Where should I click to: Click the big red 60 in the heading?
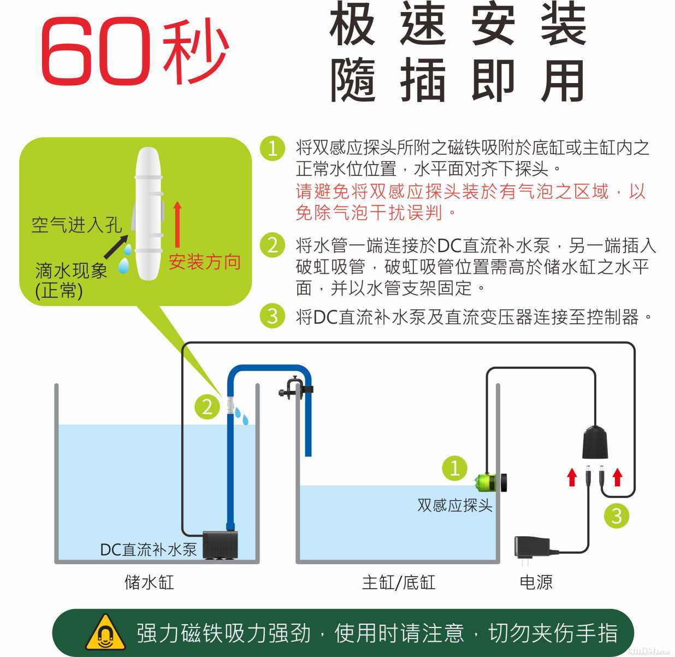point(96,51)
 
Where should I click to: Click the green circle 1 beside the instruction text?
point(273,149)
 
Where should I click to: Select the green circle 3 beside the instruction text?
point(273,315)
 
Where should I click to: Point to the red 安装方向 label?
point(205,262)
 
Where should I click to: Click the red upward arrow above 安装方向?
point(177,224)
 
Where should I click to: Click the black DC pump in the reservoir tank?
point(220,545)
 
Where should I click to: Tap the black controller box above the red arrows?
point(595,443)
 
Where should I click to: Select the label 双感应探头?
point(455,505)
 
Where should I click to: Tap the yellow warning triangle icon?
point(105,632)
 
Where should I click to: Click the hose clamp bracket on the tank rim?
point(295,389)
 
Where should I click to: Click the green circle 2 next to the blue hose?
point(207,407)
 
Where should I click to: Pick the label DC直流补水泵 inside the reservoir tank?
point(149,549)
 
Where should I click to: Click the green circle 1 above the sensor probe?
point(455,468)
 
